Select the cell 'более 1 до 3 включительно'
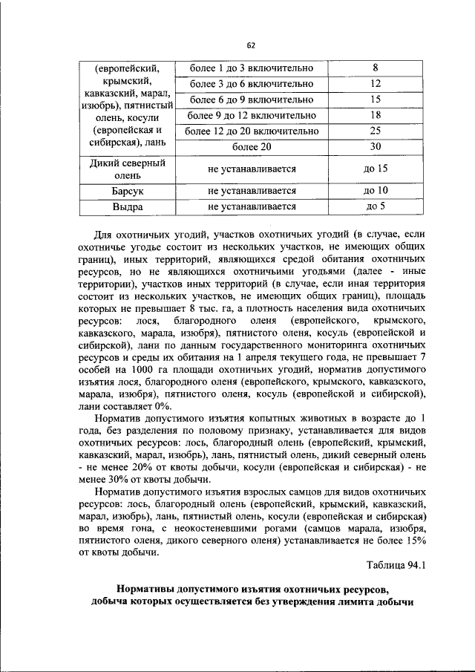click(252, 69)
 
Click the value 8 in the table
click(375, 69)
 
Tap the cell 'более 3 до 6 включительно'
click(252, 85)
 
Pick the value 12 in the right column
click(375, 85)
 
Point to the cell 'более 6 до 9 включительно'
click(252, 100)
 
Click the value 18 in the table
click(375, 115)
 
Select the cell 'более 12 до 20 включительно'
click(252, 131)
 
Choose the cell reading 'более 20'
click(252, 146)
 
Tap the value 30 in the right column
click(375, 146)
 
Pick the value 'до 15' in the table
click(375, 169)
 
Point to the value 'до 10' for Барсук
click(375, 191)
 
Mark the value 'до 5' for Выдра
click(375, 206)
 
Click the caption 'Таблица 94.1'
click(397, 564)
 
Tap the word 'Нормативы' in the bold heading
click(148, 589)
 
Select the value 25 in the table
click(375, 131)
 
